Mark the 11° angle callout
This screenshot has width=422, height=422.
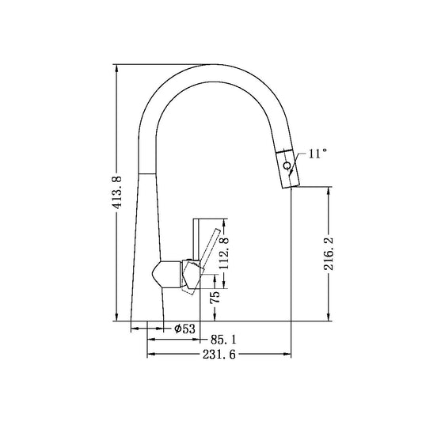pyautogui.click(x=317, y=154)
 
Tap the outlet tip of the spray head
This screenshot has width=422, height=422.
pyautogui.click(x=290, y=184)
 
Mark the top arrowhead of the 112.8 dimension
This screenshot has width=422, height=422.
pyautogui.click(x=225, y=222)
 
